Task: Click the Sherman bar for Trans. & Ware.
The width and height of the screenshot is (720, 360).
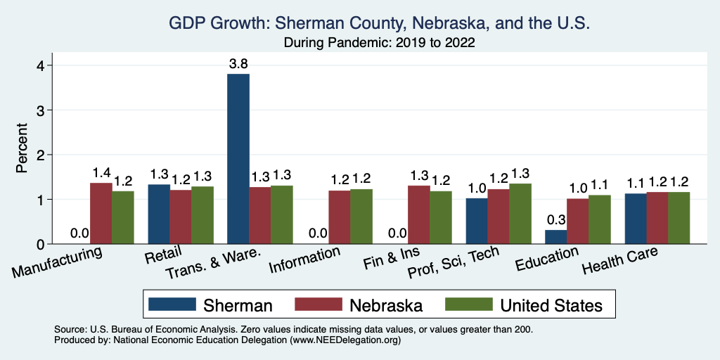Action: point(238,159)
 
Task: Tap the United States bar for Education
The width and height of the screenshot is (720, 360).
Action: point(600,219)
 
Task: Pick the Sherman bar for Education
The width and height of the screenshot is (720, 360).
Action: point(556,237)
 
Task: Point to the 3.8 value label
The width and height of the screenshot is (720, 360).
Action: point(238,64)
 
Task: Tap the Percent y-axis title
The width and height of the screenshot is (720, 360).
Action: point(22,149)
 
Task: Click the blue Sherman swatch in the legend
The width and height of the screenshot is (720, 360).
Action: point(172,305)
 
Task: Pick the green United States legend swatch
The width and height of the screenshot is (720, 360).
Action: point(468,305)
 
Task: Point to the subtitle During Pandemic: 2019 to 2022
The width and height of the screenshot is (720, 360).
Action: point(379,42)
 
